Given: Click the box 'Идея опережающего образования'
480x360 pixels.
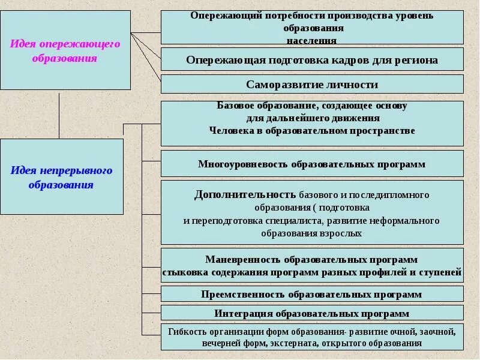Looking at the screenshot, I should (65, 50).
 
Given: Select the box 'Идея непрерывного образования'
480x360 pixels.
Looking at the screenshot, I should (61, 176).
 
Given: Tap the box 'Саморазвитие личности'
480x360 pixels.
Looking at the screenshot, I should (312, 85).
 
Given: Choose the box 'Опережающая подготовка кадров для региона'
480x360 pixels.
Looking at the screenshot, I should (312, 60).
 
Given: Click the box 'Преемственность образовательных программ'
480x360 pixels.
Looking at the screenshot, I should (312, 294).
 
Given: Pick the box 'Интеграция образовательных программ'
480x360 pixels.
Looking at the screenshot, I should (312, 313).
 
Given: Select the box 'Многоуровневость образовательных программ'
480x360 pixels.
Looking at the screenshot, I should (312, 164).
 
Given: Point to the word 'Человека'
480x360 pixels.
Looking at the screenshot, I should (230, 130).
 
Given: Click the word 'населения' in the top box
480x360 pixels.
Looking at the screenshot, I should (311, 41).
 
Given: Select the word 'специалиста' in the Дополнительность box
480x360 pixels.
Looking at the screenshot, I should (291, 220).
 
